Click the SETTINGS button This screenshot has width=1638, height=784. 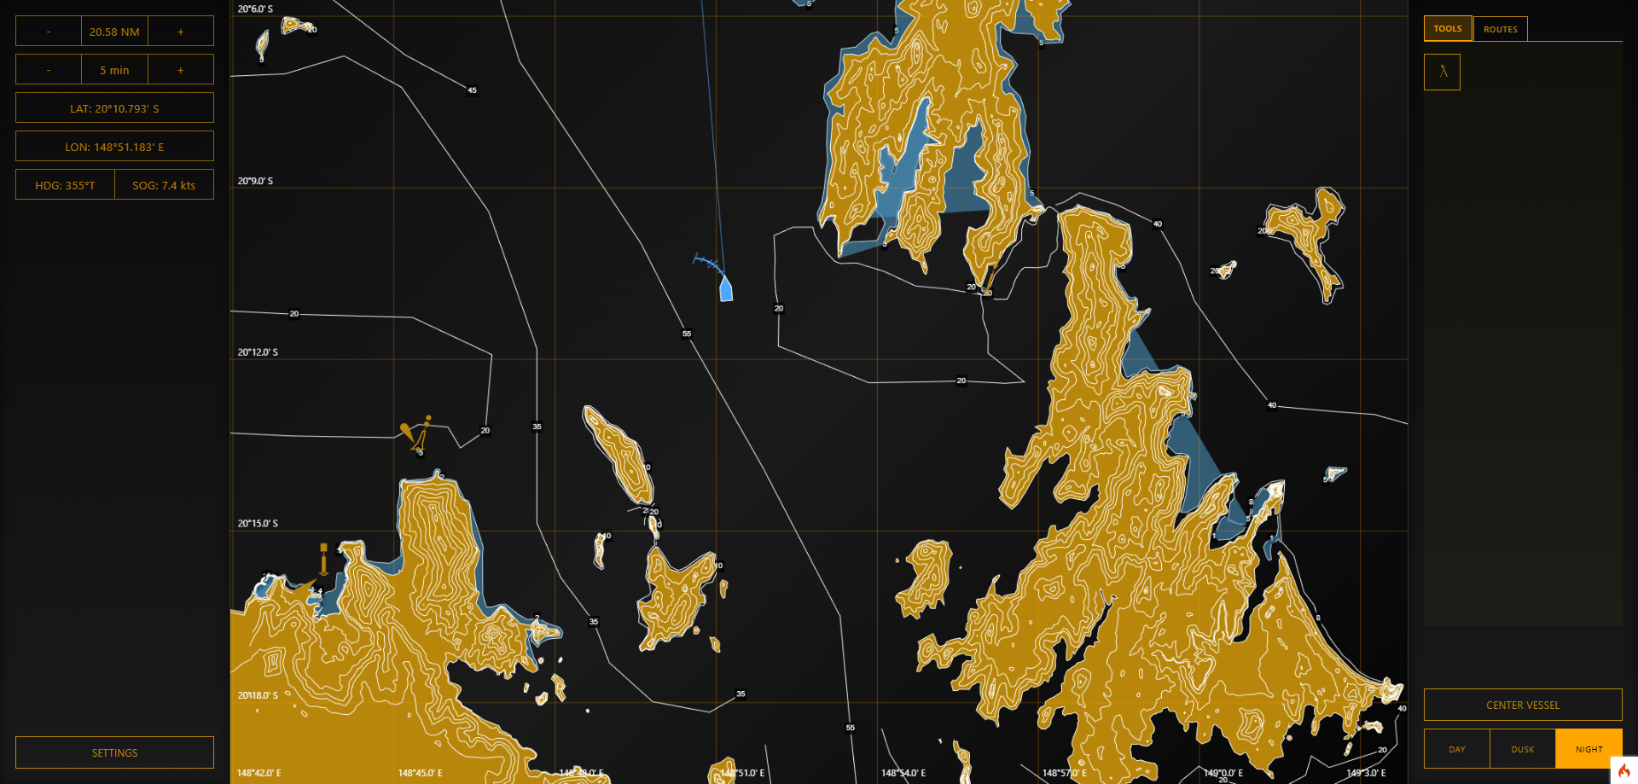tap(114, 752)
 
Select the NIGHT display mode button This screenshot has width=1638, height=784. tap(1589, 749)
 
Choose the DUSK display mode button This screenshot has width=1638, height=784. tap(1522, 749)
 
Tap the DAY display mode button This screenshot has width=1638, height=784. tap(1456, 749)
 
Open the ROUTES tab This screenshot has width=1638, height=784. tap(1500, 29)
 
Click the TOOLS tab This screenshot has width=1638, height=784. tap(1447, 29)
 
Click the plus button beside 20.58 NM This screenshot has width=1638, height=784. tap(180, 32)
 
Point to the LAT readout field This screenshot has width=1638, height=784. tap(114, 108)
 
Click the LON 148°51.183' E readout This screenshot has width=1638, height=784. tap(114, 147)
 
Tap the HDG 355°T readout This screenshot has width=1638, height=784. tap(65, 185)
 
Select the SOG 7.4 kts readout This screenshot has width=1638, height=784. tap(164, 185)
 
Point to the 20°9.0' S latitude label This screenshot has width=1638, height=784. tap(255, 181)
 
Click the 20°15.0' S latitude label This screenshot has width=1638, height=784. tap(258, 523)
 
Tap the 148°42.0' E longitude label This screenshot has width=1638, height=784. tap(259, 773)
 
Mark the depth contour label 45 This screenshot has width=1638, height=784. tap(472, 90)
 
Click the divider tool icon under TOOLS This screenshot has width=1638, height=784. tap(1442, 73)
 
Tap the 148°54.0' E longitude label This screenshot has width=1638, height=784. tap(903, 773)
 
